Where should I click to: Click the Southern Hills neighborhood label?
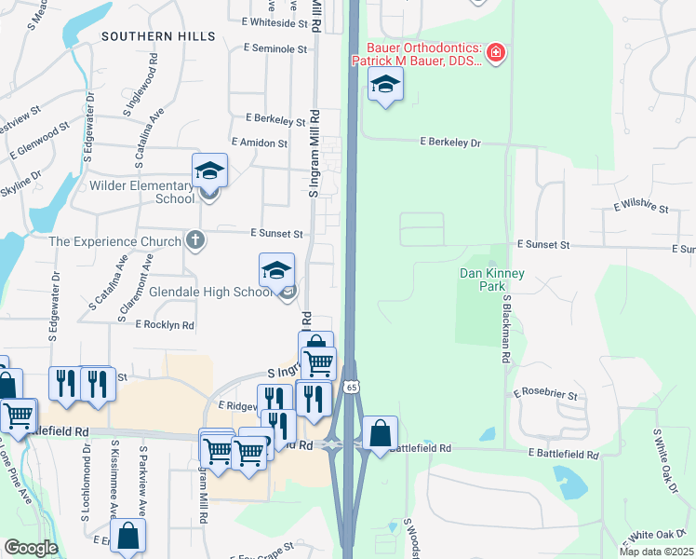[x=159, y=36]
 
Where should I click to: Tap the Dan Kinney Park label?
[x=492, y=279]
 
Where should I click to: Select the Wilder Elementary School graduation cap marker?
[x=210, y=172]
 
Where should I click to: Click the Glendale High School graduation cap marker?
[x=276, y=271]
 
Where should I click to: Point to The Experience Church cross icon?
[x=194, y=241]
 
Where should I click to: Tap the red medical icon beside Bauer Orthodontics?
[x=496, y=53]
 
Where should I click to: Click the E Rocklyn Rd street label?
[x=164, y=325]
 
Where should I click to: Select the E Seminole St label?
[x=274, y=48]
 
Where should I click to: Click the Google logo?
[x=31, y=548]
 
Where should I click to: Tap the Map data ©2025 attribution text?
[x=655, y=552]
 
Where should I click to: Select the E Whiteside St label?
[x=274, y=21]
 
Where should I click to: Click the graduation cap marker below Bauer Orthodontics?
[x=385, y=86]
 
